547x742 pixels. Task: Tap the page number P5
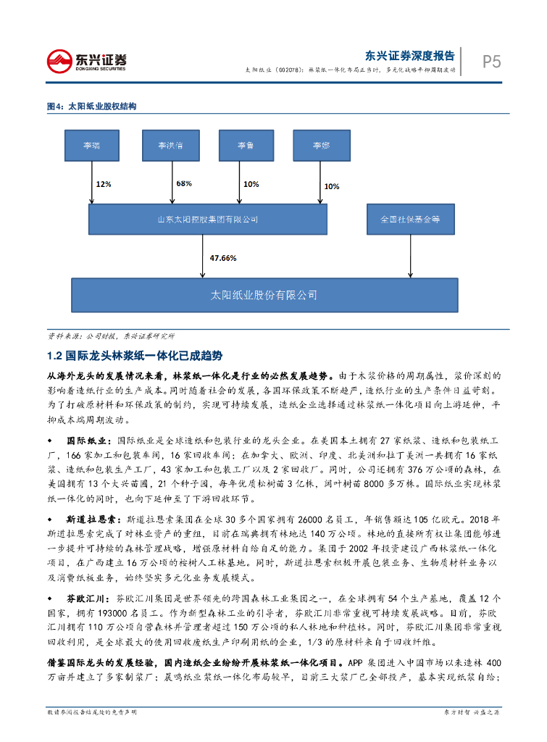(492, 62)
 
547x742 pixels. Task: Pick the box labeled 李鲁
(246, 146)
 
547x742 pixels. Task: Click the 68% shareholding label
(183, 183)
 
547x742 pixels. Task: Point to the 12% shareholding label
(104, 184)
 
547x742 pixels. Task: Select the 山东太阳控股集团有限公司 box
(209, 219)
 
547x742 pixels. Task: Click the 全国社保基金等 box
(411, 219)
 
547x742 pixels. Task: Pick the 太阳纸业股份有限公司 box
(264, 296)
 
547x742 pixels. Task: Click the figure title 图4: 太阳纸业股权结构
(91, 107)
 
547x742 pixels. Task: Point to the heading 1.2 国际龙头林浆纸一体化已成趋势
(134, 356)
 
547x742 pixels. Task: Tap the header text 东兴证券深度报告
(410, 55)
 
